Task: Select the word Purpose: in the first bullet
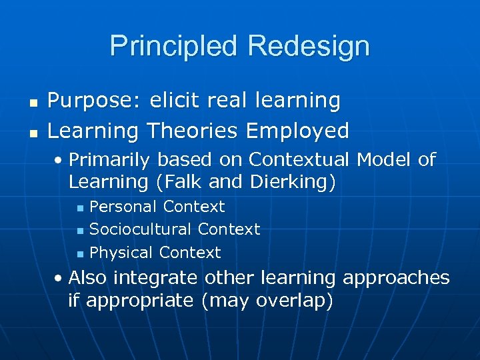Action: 93,101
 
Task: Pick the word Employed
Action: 297,131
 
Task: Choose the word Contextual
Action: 299,160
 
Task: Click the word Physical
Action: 121,253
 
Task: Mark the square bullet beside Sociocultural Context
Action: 80,231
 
